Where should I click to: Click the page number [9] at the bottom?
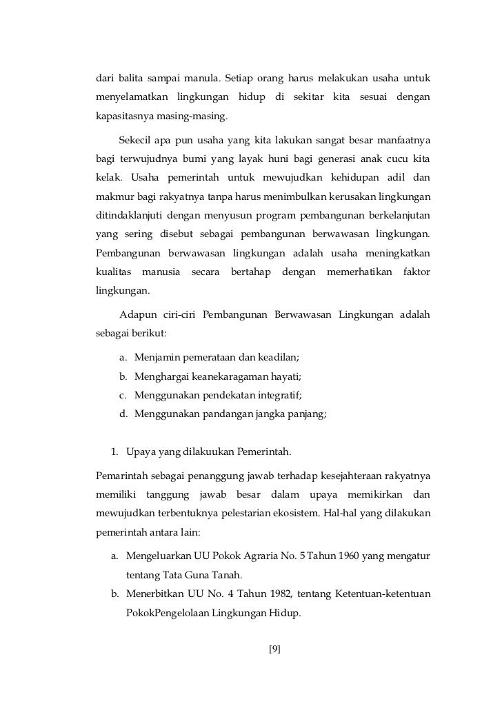pos(274,648)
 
